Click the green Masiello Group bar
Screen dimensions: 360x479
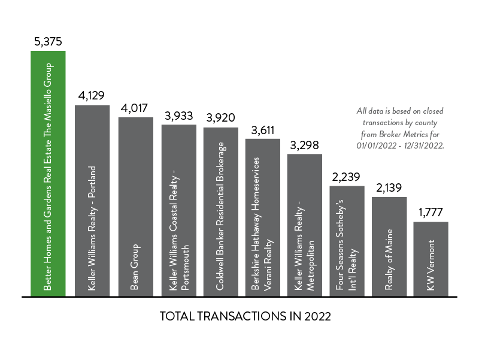pyautogui.click(x=48, y=174)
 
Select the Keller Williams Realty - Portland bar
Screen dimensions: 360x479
pyautogui.click(x=92, y=201)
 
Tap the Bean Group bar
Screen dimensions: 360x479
pyautogui.click(x=135, y=207)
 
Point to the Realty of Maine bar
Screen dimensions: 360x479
pyautogui.click(x=389, y=246)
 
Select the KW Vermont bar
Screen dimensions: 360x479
pyautogui.click(x=431, y=259)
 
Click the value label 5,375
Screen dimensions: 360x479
pyautogui.click(x=48, y=42)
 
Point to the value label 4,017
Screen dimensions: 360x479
pyautogui.click(x=135, y=108)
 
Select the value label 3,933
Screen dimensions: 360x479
pyautogui.click(x=178, y=116)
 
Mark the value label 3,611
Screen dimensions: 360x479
pyautogui.click(x=263, y=130)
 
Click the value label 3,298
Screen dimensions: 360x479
pyautogui.click(x=305, y=145)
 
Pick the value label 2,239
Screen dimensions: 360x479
pyautogui.click(x=347, y=177)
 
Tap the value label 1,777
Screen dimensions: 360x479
pyautogui.click(x=431, y=213)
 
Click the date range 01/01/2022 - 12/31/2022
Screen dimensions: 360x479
pyautogui.click(x=400, y=146)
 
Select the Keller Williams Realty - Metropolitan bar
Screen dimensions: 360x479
pyautogui.click(x=305, y=225)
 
